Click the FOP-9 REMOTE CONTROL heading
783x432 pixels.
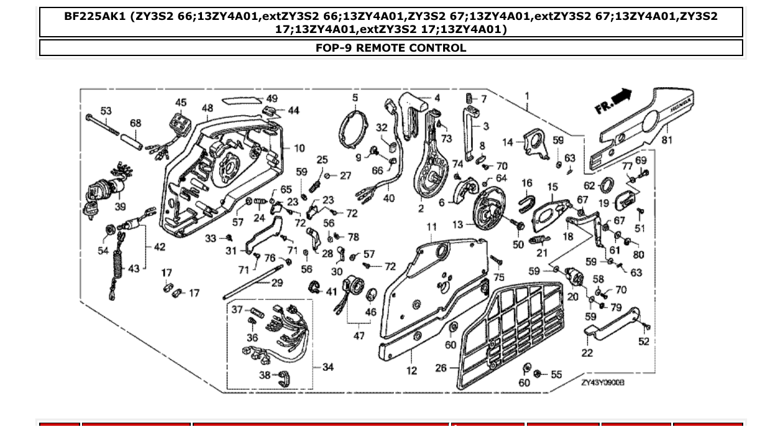coord(391,48)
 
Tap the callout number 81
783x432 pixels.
coord(666,140)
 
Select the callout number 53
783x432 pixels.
coord(106,111)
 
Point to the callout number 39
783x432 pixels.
coord(120,206)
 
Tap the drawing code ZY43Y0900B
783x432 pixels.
coord(602,383)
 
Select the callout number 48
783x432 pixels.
coord(208,108)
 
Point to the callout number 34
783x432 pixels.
coord(327,367)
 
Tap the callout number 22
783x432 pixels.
coord(587,353)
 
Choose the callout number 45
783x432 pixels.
coord(181,102)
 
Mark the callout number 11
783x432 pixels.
coord(431,227)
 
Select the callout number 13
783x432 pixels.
coord(458,225)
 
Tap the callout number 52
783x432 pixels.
coord(644,341)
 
